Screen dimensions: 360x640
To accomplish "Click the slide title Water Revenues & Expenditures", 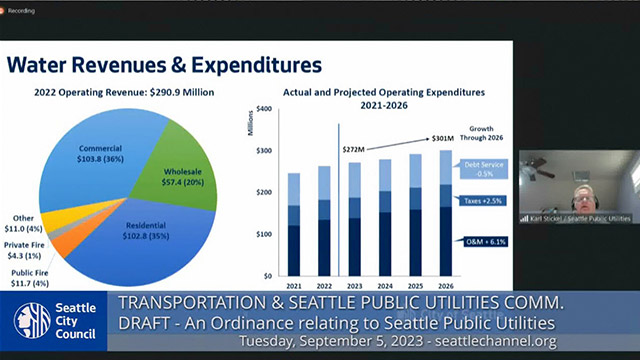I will pos(165,65).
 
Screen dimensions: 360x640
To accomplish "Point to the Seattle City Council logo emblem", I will pos(33,320).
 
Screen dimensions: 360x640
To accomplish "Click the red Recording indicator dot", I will pos(8,8).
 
